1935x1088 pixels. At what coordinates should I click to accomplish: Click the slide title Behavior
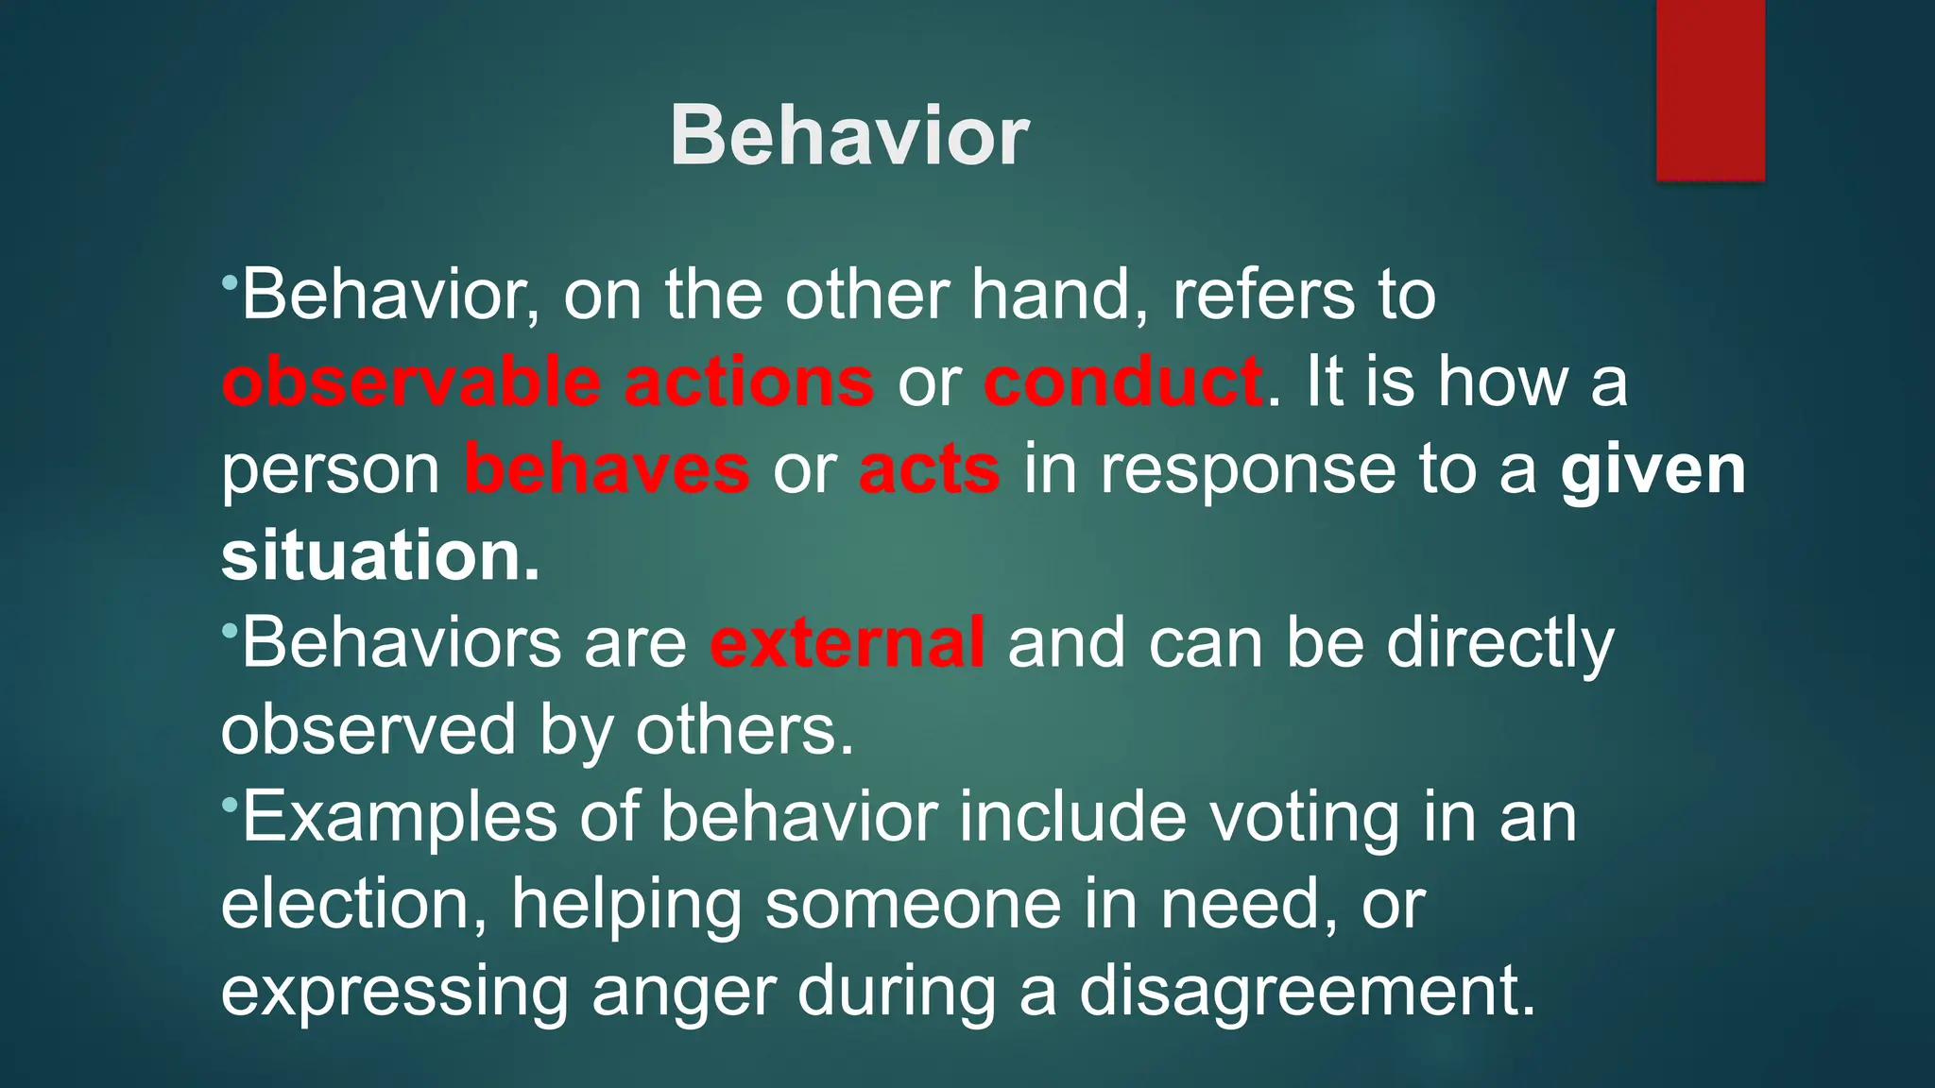[848, 137]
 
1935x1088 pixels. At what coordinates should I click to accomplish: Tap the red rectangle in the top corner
[1710, 90]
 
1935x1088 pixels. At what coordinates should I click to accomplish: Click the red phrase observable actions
[548, 382]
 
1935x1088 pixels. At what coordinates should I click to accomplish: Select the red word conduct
[1122, 382]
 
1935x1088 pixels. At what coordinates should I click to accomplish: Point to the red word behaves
[607, 469]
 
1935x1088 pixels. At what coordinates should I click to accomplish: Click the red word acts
[929, 469]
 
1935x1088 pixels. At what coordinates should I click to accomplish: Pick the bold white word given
[1652, 469]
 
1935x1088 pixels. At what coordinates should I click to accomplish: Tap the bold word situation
[380, 556]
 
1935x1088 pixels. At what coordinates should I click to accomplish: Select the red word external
[848, 643]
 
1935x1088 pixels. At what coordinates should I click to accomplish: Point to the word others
[744, 730]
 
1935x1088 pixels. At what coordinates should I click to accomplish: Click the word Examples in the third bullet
[400, 818]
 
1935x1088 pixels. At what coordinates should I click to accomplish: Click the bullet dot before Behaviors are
[230, 630]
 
